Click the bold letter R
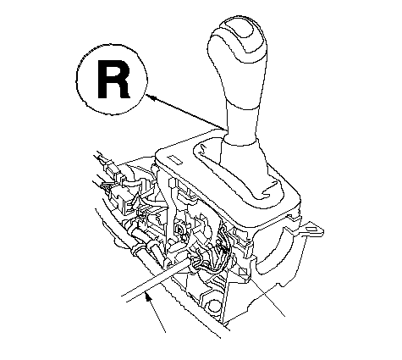coord(113,80)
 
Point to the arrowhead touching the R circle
coord(151,97)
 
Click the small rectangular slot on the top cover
coord(175,160)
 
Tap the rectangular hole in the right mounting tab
coord(314,229)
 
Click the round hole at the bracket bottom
coord(213,306)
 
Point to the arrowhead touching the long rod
coord(148,298)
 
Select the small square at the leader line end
coord(243,271)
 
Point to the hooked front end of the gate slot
coord(269,188)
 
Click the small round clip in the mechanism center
coord(179,230)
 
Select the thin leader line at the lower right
coord(265,295)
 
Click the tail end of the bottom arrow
coord(165,332)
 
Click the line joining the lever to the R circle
coord(186,113)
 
